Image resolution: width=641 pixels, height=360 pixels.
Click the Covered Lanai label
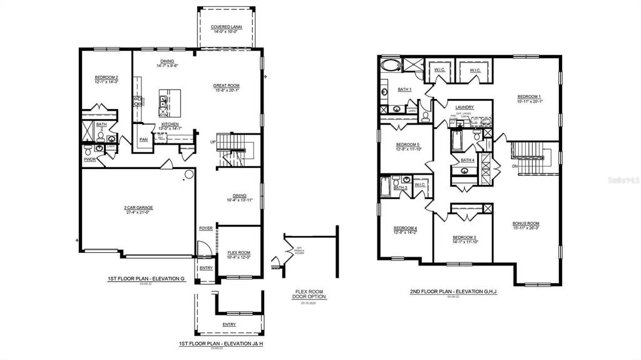(227, 28)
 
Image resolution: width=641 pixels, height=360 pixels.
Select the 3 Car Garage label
(138, 207)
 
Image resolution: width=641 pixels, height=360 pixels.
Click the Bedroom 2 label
(106, 78)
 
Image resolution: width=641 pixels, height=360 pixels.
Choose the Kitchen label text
(170, 124)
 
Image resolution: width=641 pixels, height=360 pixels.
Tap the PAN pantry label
(143, 140)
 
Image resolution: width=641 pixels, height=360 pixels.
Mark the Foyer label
(205, 228)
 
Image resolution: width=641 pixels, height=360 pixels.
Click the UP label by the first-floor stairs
(213, 142)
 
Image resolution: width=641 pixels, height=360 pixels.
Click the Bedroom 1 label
(529, 96)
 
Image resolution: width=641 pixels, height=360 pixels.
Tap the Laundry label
(464, 107)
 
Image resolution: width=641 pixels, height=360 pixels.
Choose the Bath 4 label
(467, 160)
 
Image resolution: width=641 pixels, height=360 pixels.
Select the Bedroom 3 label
(464, 237)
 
